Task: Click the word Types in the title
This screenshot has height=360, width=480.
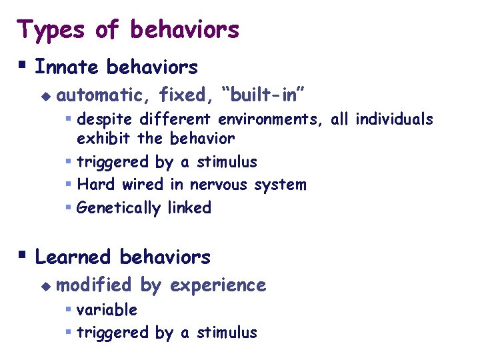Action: [x=53, y=30]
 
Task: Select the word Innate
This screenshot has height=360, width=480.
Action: [x=67, y=67]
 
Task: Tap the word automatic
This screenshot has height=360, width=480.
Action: [x=103, y=96]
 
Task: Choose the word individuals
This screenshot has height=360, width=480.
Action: [x=394, y=120]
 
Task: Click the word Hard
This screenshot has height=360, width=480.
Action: [x=94, y=185]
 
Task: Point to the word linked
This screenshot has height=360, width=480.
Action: [x=189, y=208]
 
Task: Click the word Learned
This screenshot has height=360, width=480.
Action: [x=73, y=257]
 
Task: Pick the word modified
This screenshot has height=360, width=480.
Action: [x=94, y=285]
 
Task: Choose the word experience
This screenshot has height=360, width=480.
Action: [x=218, y=286]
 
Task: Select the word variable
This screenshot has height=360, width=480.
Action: [x=107, y=310]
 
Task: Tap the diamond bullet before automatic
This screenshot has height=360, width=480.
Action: [x=45, y=96]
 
